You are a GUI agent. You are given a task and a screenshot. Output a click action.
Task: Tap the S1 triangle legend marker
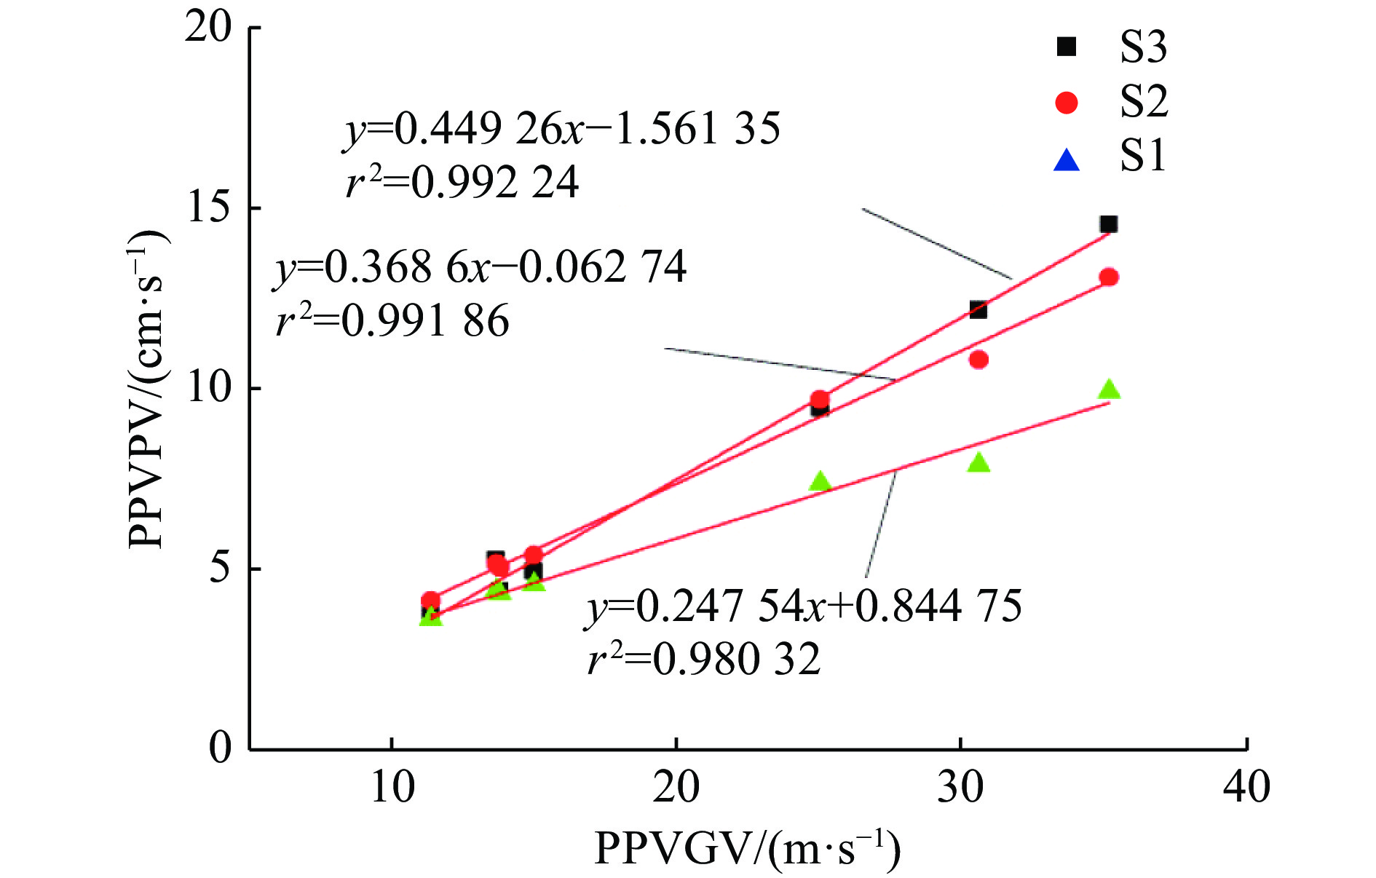[x=1067, y=159]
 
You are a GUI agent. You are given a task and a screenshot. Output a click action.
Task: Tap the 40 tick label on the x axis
[x=1247, y=788]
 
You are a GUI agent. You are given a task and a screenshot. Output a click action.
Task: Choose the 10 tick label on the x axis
[x=393, y=788]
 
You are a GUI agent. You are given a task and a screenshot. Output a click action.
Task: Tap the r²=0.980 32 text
[x=704, y=660]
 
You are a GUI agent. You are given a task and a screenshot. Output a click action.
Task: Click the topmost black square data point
[x=1108, y=224]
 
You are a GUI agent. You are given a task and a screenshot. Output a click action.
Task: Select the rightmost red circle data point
[x=1109, y=277]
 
